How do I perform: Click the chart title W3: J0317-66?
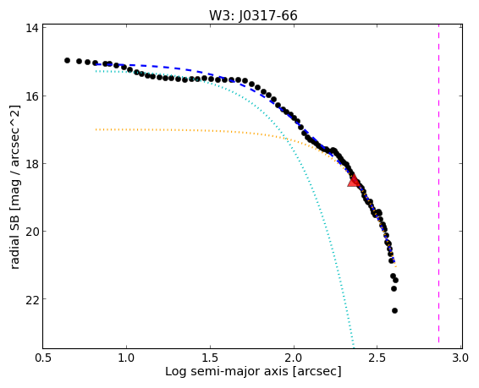[253, 15]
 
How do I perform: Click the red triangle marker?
[354, 181]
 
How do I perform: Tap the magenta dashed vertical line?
[438, 186]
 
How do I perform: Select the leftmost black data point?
[67, 60]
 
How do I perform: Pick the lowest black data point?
[394, 310]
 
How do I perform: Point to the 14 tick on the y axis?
[32, 29]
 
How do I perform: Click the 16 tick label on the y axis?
[32, 96]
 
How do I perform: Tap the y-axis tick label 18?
[32, 164]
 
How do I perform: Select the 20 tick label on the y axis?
[32, 232]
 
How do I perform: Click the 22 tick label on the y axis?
[32, 299]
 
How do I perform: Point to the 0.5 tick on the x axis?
[43, 358]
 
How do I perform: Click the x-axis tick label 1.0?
[126, 358]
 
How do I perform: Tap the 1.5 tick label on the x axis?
[210, 358]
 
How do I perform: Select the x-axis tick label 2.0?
[294, 358]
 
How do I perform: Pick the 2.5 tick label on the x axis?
[377, 358]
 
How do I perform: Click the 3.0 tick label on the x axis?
[461, 358]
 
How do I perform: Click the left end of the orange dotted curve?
[96, 129]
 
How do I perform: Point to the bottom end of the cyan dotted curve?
[354, 347]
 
